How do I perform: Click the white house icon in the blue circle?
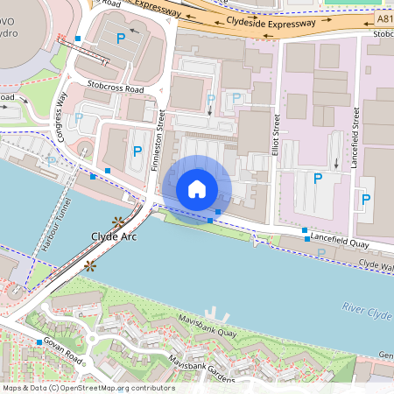197,188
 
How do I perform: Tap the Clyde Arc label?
113,237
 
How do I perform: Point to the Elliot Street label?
275,136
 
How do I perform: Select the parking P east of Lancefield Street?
365,200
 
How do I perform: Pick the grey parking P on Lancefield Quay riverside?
320,253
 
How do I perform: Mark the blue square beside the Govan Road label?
39,341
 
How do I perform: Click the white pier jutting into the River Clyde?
214,313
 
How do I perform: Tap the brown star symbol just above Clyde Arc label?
118,222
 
